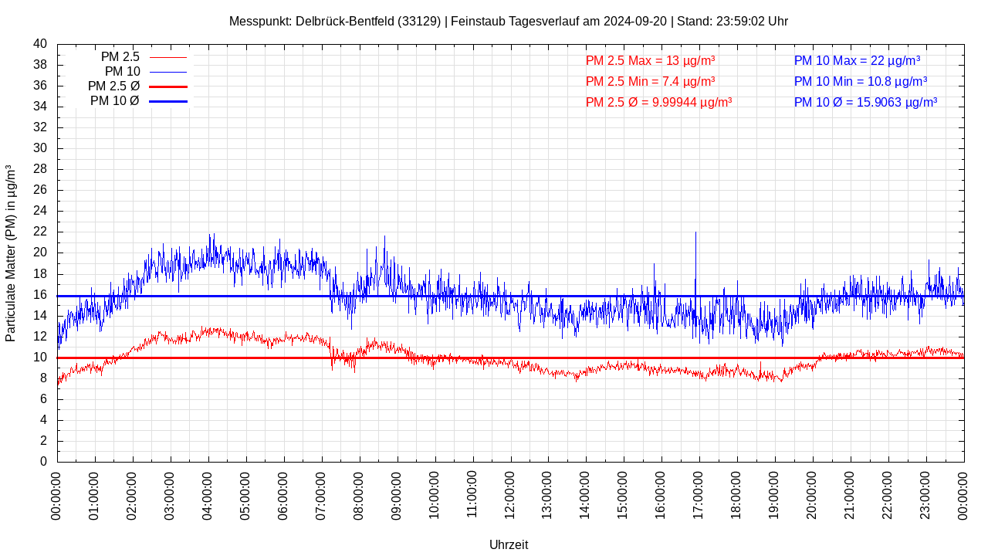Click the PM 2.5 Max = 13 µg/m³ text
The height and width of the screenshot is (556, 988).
(x=650, y=60)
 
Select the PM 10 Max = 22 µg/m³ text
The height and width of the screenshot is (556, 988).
(x=857, y=60)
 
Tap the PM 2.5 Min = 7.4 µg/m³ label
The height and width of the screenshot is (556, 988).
(x=650, y=81)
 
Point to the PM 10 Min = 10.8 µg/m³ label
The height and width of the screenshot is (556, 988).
(x=860, y=81)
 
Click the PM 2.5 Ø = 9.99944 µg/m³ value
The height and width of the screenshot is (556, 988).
(x=658, y=102)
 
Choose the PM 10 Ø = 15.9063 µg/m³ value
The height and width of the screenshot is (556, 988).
(x=865, y=102)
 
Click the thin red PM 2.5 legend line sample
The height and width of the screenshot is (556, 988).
(x=168, y=57)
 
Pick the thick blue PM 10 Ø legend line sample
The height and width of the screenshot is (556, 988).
(x=168, y=101)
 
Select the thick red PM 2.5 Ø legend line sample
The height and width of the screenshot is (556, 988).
(x=168, y=86)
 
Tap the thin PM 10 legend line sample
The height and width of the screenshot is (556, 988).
(x=168, y=72)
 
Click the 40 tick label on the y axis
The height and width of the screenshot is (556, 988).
(x=40, y=44)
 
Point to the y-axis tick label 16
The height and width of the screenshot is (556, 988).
(x=40, y=295)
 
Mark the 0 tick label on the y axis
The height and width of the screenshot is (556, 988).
(x=43, y=462)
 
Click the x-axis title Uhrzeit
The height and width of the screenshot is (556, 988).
(x=509, y=544)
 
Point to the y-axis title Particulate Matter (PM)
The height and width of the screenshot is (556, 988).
(x=11, y=253)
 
